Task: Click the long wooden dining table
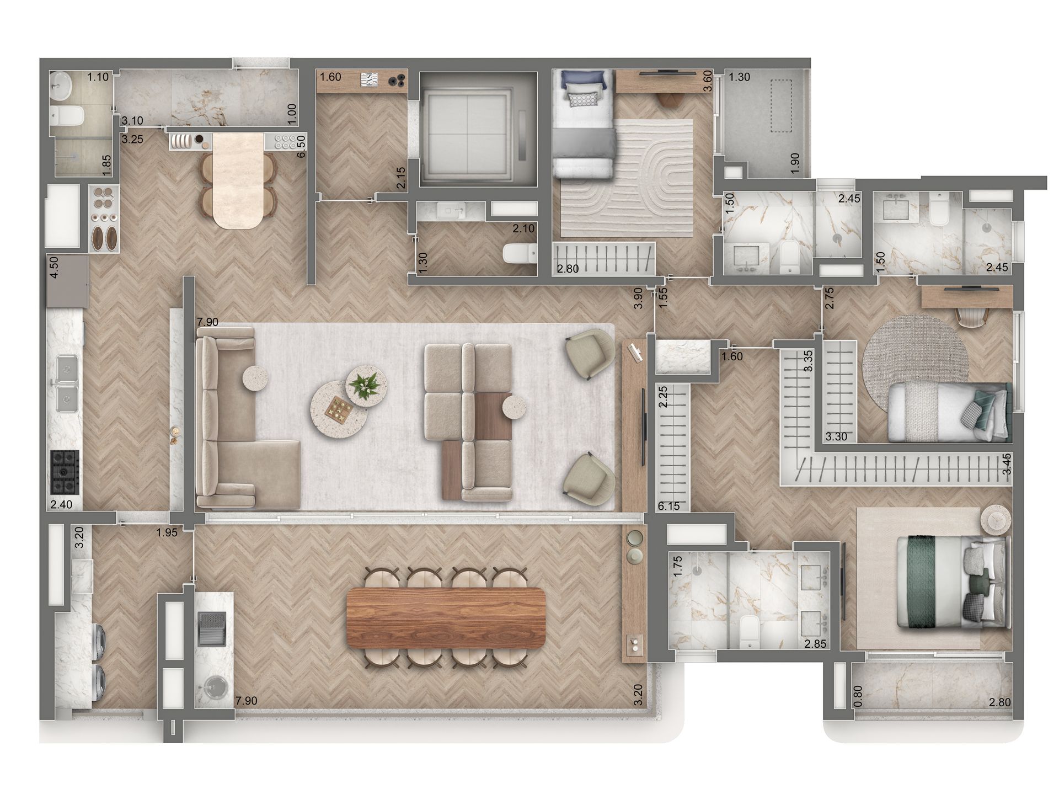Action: [x=445, y=619]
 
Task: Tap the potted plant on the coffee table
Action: [x=365, y=384]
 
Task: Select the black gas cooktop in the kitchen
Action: [x=65, y=472]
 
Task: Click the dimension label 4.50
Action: [x=55, y=281]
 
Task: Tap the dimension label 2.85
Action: [x=815, y=644]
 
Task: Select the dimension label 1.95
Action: [x=166, y=532]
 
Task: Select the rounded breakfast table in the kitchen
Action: [x=237, y=182]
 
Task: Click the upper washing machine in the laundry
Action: [x=99, y=641]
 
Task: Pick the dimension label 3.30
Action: [x=837, y=437]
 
